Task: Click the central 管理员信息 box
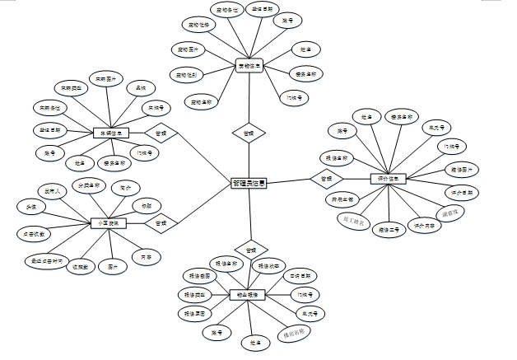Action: click(x=249, y=185)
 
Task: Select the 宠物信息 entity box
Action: click(x=249, y=65)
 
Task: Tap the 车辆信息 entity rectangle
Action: click(x=112, y=133)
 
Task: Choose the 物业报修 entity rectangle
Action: click(x=246, y=295)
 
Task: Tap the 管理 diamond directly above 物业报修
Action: click(x=250, y=248)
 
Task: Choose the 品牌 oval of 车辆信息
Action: click(x=141, y=86)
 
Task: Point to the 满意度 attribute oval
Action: click(x=454, y=212)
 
